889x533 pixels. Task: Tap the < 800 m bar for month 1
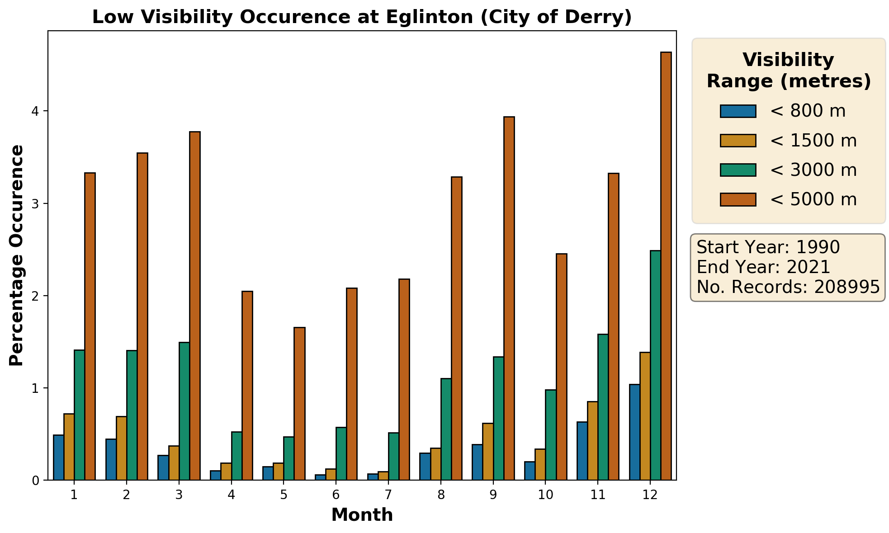click(58, 458)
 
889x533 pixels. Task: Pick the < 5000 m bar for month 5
click(299, 404)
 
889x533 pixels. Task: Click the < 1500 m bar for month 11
click(592, 441)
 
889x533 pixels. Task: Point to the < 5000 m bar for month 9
click(509, 298)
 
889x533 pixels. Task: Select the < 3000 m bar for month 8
click(446, 429)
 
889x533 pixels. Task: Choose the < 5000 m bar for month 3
click(195, 306)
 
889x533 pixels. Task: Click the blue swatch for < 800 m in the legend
click(738, 111)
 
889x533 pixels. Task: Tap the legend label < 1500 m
click(813, 141)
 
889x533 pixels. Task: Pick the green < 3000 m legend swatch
click(738, 170)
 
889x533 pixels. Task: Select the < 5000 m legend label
click(813, 199)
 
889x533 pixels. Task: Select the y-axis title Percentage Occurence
click(16, 255)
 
